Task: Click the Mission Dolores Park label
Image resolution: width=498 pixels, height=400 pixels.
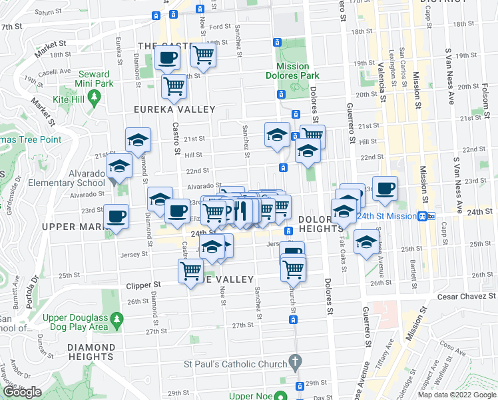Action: pyautogui.click(x=294, y=71)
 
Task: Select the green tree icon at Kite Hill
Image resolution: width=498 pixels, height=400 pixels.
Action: pyautogui.click(x=95, y=97)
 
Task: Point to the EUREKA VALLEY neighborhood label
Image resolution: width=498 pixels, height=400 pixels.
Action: pyautogui.click(x=174, y=109)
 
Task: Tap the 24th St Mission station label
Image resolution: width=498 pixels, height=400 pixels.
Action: pyautogui.click(x=385, y=216)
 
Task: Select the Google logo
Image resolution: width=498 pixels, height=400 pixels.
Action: pyautogui.click(x=22, y=392)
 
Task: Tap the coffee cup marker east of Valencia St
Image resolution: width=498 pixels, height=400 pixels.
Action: pyautogui.click(x=385, y=188)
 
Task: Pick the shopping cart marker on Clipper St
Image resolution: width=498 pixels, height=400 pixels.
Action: pyautogui.click(x=190, y=271)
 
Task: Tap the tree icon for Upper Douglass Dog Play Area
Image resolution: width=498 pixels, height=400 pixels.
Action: pyautogui.click(x=117, y=320)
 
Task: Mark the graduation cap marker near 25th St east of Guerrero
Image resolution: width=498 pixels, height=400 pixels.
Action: pyautogui.click(x=366, y=243)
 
